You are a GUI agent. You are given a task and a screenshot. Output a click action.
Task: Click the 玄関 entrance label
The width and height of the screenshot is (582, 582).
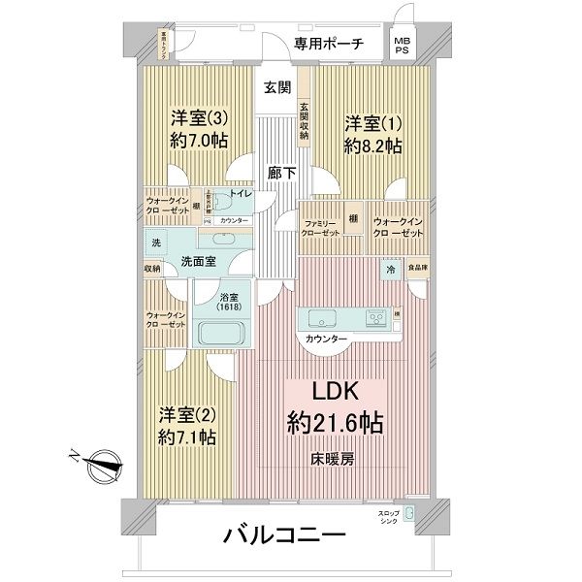coord(276,87)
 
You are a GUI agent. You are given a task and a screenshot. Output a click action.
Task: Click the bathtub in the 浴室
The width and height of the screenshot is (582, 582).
coord(223,333)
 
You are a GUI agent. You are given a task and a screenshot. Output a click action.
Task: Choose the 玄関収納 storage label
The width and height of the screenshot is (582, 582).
coord(304,121)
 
